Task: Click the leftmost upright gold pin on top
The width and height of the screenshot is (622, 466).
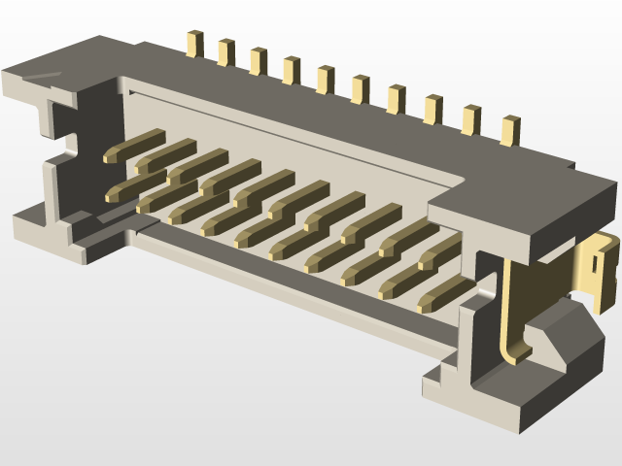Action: coord(194,44)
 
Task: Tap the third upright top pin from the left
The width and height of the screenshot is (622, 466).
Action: coord(258,61)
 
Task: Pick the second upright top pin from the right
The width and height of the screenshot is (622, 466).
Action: coord(470,119)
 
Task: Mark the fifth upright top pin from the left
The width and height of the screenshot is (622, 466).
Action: coord(326,80)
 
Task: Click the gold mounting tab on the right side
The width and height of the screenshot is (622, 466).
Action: coord(598,267)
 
